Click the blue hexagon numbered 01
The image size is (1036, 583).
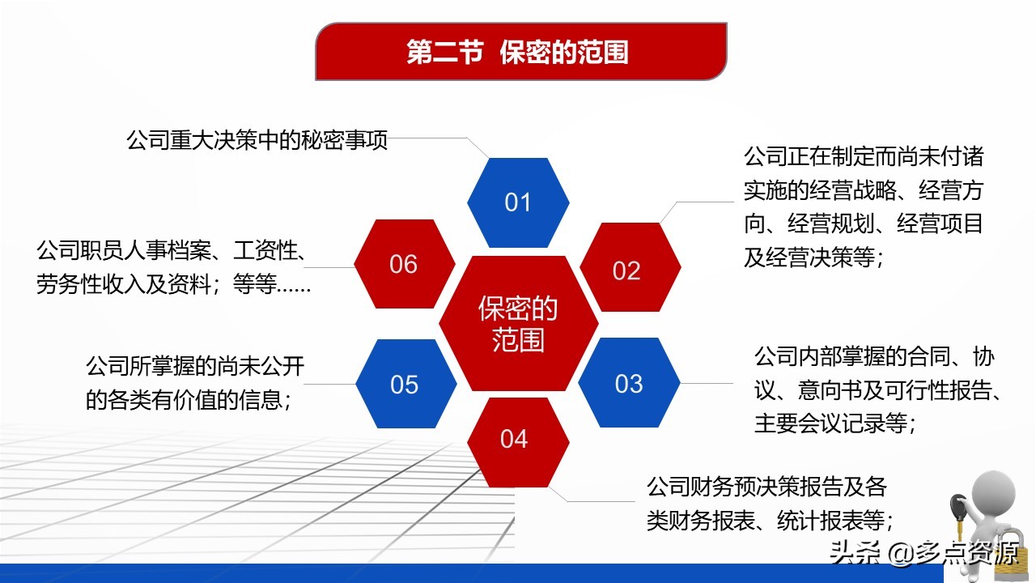[518, 202]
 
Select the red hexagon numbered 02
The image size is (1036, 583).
[630, 267]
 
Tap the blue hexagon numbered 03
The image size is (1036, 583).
[629, 383]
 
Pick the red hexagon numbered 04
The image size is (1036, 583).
[518, 442]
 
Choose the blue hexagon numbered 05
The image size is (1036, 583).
[406, 384]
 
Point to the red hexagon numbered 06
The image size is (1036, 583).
[405, 264]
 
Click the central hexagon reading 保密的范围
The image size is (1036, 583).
[519, 323]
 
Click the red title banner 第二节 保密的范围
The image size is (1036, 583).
[520, 51]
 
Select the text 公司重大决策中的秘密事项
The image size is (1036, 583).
[257, 140]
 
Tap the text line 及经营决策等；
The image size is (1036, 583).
[814, 257]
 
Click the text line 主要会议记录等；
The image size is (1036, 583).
[835, 423]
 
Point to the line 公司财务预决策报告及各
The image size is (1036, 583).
[766, 487]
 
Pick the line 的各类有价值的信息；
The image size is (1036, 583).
[189, 400]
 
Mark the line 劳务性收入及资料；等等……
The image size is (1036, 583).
[173, 284]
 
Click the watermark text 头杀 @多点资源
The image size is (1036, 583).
[924, 553]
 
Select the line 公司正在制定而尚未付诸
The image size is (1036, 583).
[864, 156]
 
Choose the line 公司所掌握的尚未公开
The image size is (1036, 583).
[195, 367]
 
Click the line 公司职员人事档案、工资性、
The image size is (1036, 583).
[171, 251]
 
